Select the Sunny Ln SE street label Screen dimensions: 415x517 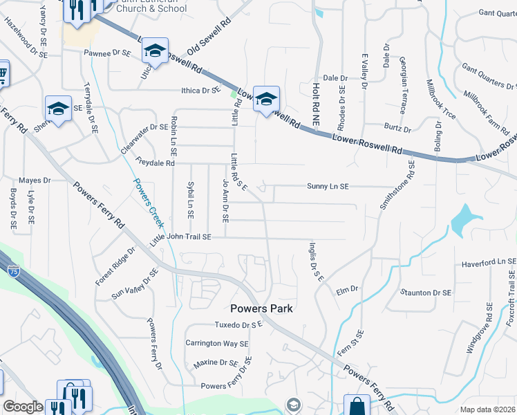[328, 186]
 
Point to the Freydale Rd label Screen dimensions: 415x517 [156, 164]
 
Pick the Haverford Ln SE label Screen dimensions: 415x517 [489, 262]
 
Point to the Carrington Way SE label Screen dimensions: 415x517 [216, 343]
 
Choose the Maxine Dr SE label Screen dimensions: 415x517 [216, 362]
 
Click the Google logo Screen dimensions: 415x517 [23, 407]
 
